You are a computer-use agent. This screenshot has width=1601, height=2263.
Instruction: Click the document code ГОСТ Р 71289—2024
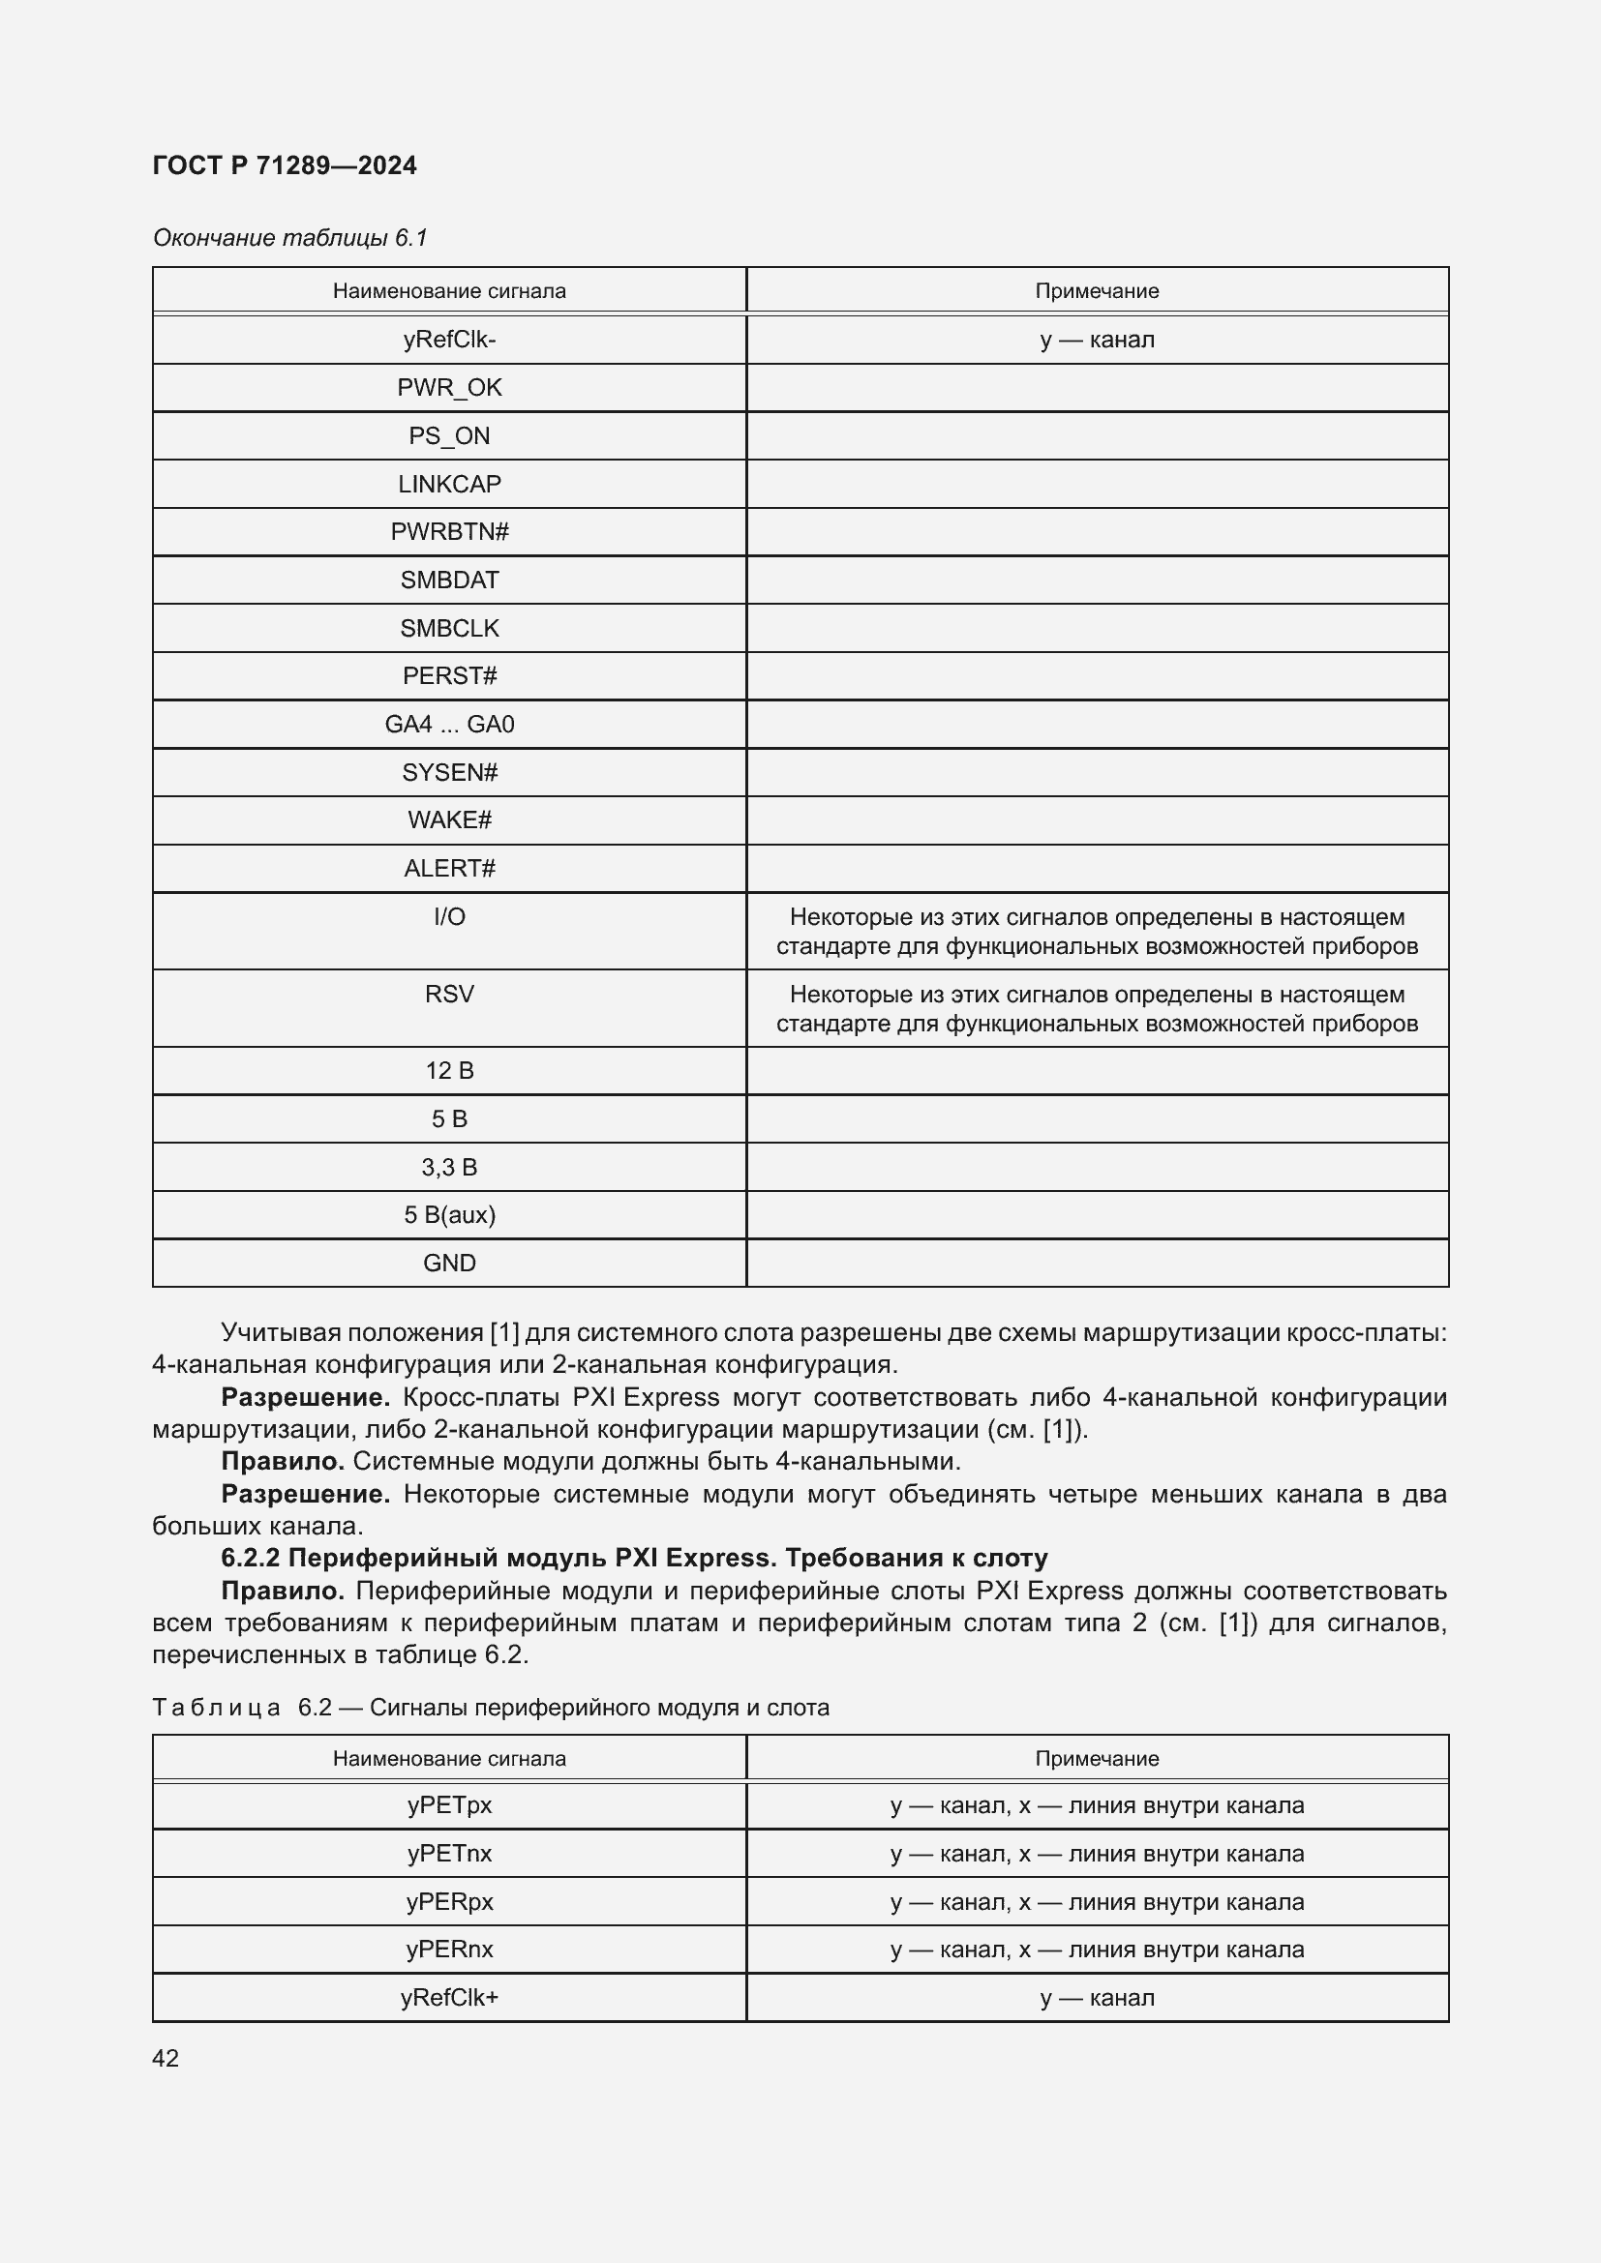point(284,165)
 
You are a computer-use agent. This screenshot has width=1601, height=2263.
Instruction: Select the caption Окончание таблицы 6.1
point(289,238)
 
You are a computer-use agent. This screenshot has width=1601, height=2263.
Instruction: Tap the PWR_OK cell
point(448,387)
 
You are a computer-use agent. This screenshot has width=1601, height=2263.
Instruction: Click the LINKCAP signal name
point(448,484)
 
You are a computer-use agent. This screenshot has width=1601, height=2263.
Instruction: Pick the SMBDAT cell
point(448,580)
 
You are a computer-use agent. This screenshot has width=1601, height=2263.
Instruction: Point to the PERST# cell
point(448,676)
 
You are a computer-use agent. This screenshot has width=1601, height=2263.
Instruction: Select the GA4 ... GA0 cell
point(448,725)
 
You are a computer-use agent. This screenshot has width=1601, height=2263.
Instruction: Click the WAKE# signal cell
point(448,820)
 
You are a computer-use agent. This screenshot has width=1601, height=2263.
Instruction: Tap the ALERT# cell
point(448,868)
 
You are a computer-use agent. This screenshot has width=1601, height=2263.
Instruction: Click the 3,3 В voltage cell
point(448,1167)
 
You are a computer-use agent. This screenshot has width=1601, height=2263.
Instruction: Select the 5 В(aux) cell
point(448,1214)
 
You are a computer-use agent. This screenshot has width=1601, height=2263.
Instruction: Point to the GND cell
point(448,1263)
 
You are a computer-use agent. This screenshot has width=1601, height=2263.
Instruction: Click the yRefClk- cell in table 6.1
point(448,339)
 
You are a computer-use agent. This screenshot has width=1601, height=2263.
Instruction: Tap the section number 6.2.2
point(251,1558)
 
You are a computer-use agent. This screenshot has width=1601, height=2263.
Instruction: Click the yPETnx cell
point(448,1853)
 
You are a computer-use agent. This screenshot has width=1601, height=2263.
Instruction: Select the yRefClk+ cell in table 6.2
point(448,1997)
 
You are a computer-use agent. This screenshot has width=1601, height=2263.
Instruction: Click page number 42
point(166,2058)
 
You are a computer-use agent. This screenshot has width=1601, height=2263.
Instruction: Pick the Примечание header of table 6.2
point(1097,1758)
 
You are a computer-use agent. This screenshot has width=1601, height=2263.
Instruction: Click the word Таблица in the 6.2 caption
point(216,1707)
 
